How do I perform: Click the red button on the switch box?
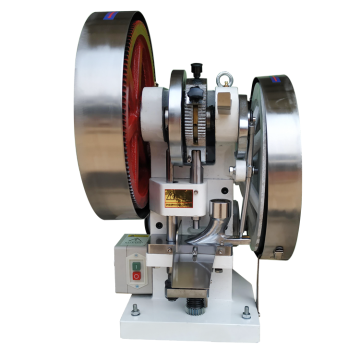tap(138, 274)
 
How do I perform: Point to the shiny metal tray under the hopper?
tap(190, 271)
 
